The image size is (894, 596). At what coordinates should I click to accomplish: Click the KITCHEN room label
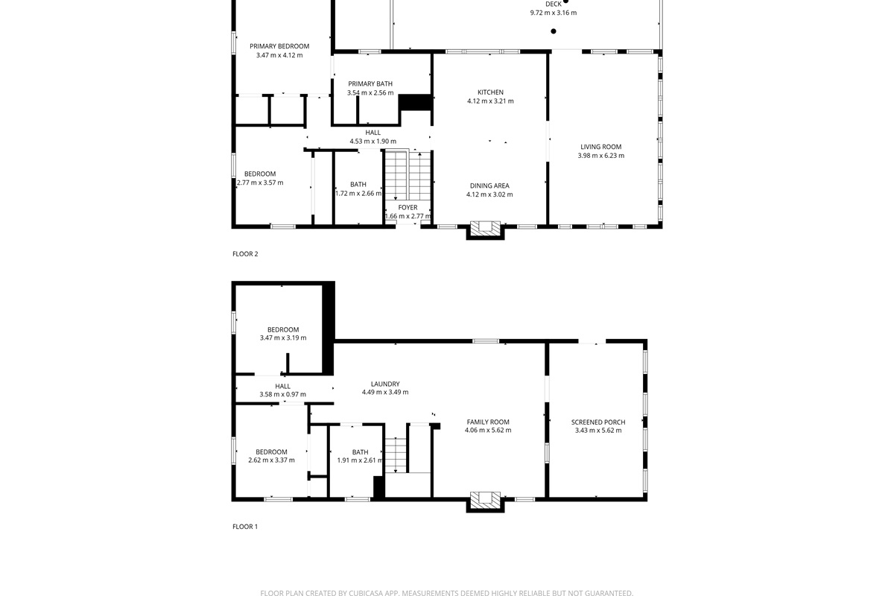(490, 92)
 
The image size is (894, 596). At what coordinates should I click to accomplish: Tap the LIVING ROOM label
(600, 147)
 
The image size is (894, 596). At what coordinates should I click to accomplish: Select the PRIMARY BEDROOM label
(279, 46)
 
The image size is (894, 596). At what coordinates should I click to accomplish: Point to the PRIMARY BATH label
(370, 83)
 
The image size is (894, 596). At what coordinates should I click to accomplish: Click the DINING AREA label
(489, 186)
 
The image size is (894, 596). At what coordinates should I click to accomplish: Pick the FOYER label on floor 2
(408, 207)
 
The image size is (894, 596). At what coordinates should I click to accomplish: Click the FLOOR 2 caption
(245, 254)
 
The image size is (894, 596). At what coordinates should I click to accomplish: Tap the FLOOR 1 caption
(245, 527)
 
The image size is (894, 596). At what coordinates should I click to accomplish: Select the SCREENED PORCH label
(598, 422)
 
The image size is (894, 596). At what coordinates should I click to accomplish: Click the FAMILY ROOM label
(488, 422)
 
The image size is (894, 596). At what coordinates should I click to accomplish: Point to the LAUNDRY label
(385, 384)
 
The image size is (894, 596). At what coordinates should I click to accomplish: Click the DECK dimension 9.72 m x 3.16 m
(553, 13)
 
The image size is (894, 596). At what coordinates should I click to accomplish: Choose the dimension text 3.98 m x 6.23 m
(600, 156)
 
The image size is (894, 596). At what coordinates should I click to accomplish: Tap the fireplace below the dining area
(486, 229)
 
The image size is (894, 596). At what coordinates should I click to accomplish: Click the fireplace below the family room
(486, 501)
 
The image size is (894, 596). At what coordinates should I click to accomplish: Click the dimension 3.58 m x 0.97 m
(282, 395)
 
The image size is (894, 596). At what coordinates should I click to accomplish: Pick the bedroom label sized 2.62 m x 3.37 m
(271, 451)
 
